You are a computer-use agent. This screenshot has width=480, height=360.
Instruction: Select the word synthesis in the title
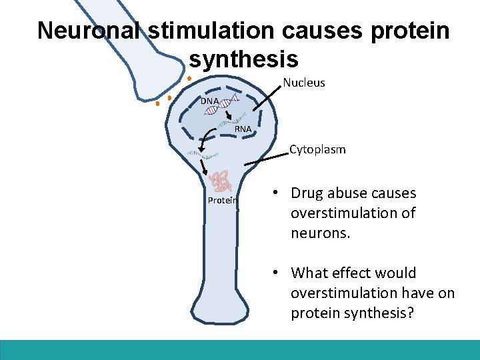[243, 59]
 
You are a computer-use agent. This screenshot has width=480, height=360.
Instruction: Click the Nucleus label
[304, 83]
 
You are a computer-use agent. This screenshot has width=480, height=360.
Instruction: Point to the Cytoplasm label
[317, 149]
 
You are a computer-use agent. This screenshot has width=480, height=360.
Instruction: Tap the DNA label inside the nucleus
[209, 101]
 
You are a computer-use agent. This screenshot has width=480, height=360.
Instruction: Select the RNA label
[243, 129]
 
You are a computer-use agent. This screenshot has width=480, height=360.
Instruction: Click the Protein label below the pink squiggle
[221, 200]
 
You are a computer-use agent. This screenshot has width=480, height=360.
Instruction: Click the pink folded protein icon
[220, 180]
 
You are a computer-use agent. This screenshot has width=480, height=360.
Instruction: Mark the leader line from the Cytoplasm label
[266, 158]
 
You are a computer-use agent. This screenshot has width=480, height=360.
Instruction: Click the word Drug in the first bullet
[307, 193]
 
